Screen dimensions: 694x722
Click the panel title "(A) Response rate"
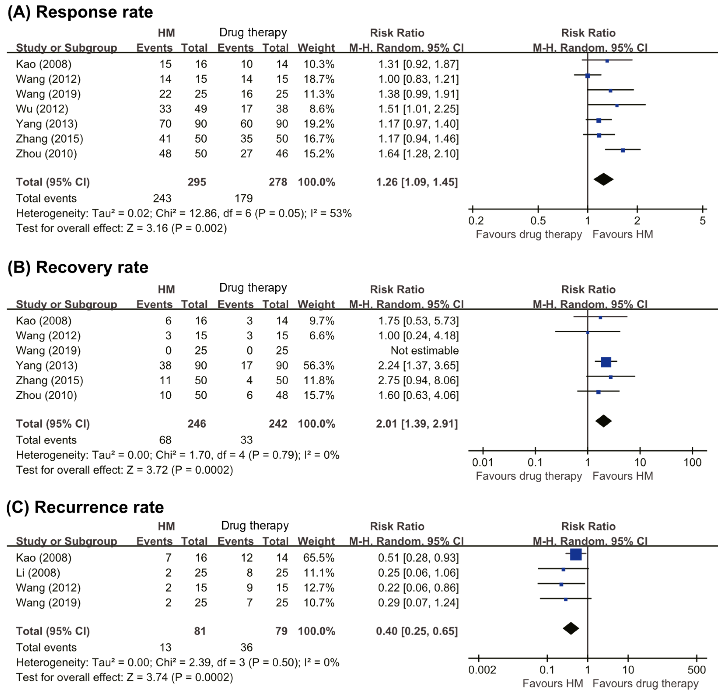[80, 12]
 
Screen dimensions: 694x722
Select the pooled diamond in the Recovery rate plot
[603, 421]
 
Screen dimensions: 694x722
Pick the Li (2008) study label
[38, 573]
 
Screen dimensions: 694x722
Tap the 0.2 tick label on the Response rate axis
[476, 221]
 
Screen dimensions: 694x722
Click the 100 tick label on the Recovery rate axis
[692, 463]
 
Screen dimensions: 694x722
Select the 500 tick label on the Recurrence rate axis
[696, 670]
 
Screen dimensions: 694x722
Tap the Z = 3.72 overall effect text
[147, 470]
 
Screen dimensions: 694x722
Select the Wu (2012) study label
[42, 109]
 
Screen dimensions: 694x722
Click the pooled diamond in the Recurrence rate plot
[571, 628]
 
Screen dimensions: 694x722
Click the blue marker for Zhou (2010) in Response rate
[623, 150]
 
